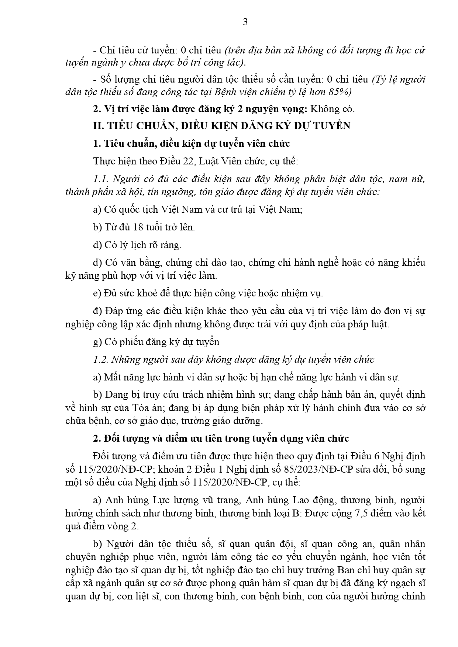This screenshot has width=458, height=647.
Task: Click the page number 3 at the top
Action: pyautogui.click(x=245, y=22)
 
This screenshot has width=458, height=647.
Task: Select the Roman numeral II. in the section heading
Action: pyautogui.click(x=99, y=126)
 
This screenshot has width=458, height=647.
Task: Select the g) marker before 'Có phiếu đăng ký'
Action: pyautogui.click(x=97, y=342)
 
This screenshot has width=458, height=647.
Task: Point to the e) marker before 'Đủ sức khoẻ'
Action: pyautogui.click(x=97, y=293)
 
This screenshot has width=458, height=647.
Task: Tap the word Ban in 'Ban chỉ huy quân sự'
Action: pyautogui.click(x=346, y=570)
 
